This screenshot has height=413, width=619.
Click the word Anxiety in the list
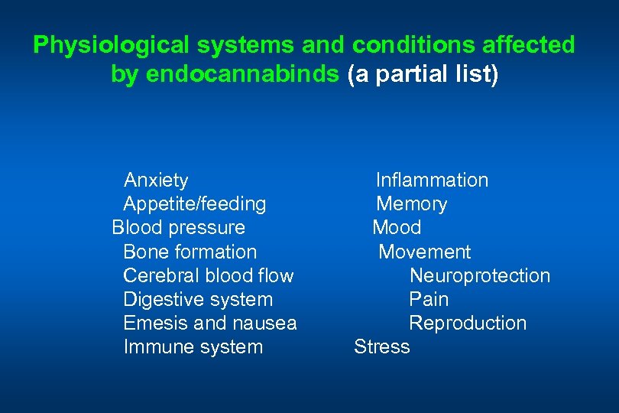[156, 180]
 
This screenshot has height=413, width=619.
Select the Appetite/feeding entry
[194, 204]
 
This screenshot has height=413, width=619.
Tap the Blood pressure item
[178, 228]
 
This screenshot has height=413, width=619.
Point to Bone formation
[190, 252]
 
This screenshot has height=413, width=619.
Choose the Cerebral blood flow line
[208, 275]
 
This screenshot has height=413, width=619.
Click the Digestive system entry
[197, 299]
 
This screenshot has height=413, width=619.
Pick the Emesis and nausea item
[209, 323]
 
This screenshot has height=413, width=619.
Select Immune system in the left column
[193, 346]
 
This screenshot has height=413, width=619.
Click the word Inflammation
[432, 180]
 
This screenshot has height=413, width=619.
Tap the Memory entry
[412, 204]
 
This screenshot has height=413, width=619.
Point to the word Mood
[397, 228]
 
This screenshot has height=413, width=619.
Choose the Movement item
[425, 252]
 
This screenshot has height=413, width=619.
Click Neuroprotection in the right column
[479, 275]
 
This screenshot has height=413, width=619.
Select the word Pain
[429, 299]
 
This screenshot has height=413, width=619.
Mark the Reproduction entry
[468, 323]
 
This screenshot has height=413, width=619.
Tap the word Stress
[382, 346]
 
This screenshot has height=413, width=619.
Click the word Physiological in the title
[102, 46]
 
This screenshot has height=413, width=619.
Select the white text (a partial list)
[423, 74]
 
